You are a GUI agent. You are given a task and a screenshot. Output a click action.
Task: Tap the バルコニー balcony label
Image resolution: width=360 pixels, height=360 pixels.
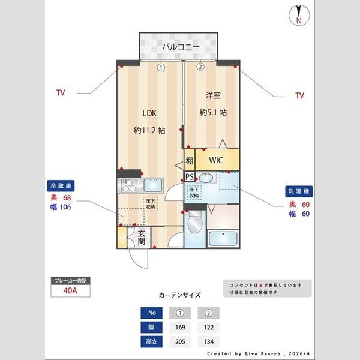coord(179,46)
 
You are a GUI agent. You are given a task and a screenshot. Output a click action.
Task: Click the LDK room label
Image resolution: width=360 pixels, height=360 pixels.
coord(149,113)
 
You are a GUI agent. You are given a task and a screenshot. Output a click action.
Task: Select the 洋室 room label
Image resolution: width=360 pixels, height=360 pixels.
coord(212,95)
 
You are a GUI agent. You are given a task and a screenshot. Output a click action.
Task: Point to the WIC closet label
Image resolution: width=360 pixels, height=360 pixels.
coord(217,161)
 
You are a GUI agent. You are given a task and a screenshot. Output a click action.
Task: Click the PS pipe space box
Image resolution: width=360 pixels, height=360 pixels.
coord(189,176)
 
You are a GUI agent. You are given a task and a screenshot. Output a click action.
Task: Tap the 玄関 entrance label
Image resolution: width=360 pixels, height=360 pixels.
coord(142,238)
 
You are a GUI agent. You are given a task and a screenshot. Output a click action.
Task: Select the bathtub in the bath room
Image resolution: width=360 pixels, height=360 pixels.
coord(224,238)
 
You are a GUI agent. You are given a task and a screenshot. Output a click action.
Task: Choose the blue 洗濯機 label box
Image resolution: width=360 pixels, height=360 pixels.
coord(298,191)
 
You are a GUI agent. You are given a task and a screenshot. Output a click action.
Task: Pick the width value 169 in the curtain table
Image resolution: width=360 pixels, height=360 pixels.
coord(179,328)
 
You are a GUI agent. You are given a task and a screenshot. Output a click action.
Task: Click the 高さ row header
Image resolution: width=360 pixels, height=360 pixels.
coord(151,342)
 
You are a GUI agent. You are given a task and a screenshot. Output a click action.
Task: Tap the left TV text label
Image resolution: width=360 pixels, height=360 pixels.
coord(60,93)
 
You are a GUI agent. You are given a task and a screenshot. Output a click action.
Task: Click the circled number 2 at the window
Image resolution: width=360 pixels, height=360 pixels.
coord(200,67)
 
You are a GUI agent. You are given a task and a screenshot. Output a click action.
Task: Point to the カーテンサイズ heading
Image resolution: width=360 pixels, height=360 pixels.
coord(179,295)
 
